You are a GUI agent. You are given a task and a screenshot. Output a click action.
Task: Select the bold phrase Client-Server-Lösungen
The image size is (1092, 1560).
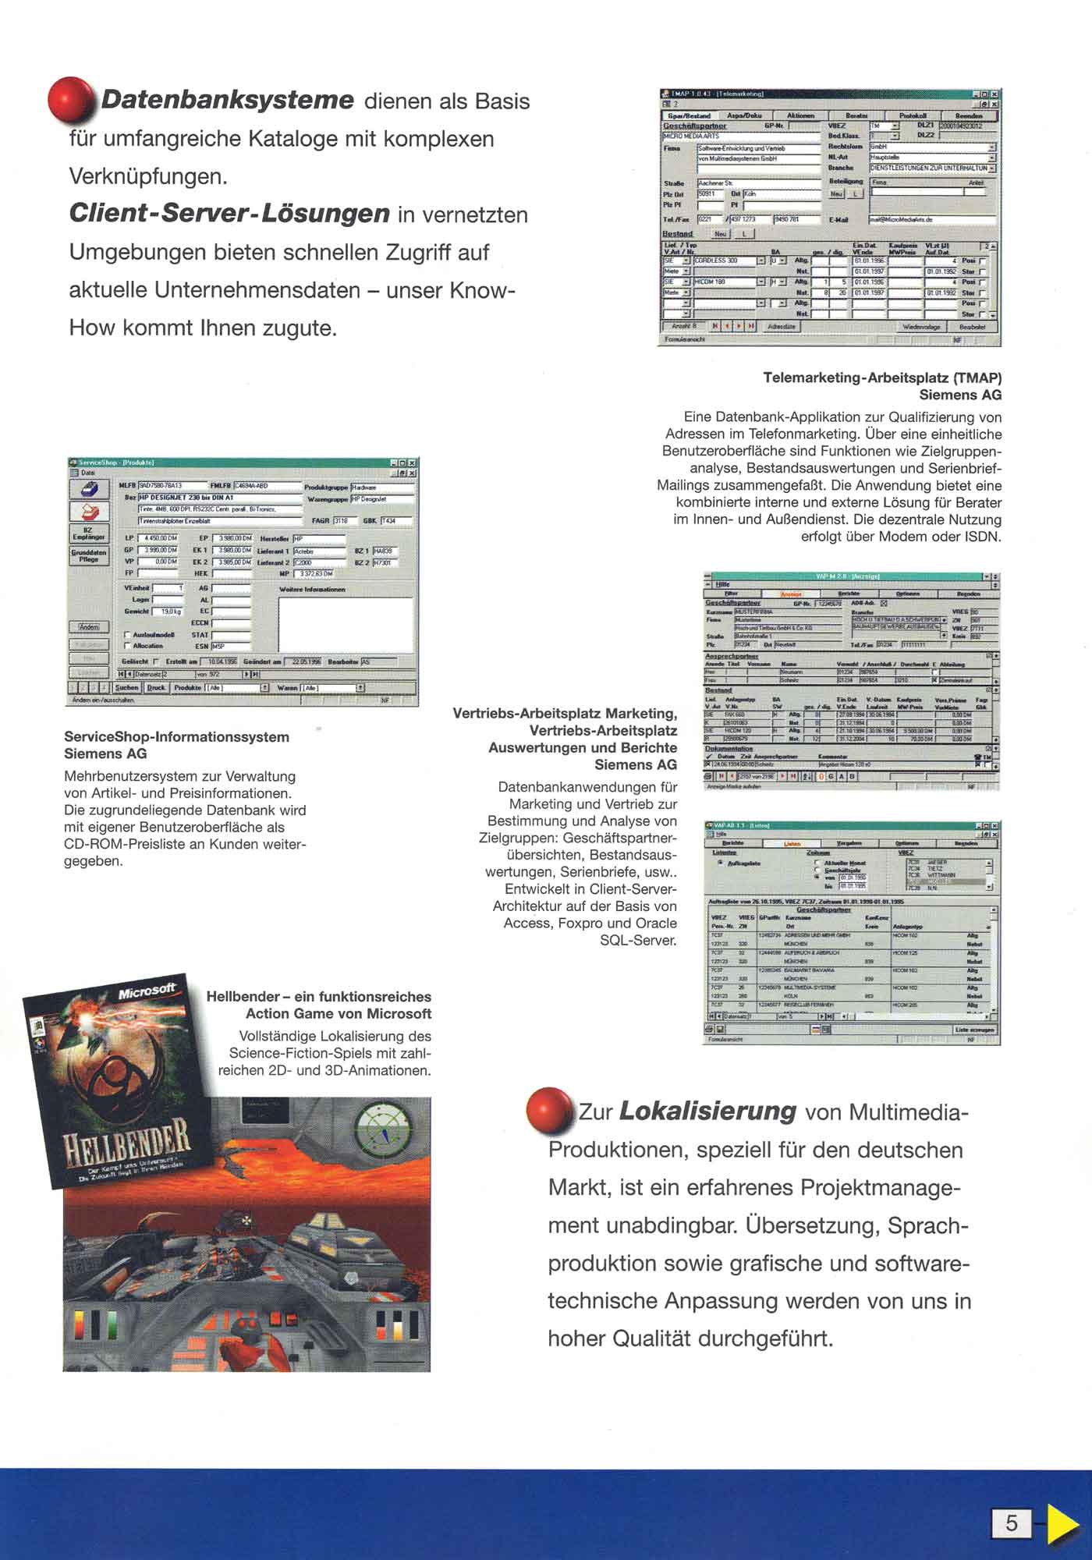point(229,214)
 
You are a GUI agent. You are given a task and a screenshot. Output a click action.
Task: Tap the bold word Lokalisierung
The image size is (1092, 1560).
point(707,1111)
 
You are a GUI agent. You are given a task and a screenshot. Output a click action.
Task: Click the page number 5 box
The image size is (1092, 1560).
point(1011,1523)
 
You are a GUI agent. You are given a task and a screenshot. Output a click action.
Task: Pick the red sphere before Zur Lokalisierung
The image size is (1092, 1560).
point(549,1109)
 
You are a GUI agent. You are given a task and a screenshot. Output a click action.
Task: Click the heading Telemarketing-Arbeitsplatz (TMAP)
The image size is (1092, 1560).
point(882,378)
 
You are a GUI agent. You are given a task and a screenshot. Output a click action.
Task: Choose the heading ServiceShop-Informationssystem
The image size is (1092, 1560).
point(176,737)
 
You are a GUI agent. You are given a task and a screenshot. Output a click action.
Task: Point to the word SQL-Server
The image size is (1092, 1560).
point(638,940)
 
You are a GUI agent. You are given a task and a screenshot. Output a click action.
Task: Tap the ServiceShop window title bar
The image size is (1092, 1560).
point(242,463)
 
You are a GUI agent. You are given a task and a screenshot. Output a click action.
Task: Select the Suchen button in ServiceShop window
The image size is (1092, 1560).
point(126,688)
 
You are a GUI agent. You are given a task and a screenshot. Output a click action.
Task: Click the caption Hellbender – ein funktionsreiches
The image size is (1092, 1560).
point(318,997)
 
